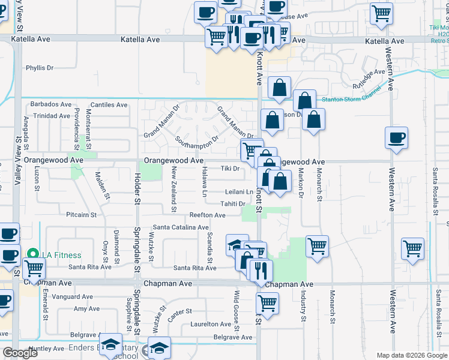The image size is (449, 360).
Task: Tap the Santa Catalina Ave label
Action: (x=180, y=227)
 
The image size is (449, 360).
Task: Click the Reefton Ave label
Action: (x=207, y=215)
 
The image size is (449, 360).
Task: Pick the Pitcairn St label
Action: (x=82, y=214)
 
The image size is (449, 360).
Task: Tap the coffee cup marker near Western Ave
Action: (x=396, y=139)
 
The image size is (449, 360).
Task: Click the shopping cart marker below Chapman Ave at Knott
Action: (x=267, y=302)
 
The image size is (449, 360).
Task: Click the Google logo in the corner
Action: (x=20, y=353)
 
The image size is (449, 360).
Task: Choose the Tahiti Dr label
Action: (x=233, y=204)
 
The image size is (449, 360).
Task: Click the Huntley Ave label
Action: (x=46, y=349)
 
